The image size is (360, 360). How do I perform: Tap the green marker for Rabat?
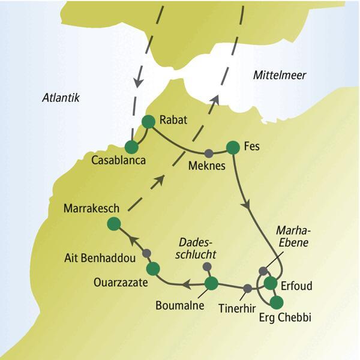tap(148, 121)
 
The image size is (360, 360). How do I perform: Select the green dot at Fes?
tap(232, 147)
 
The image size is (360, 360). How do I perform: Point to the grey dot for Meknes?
tap(209, 152)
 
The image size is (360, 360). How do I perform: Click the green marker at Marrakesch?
tap(113, 224)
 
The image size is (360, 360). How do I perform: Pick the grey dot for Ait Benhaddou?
tap(146, 252)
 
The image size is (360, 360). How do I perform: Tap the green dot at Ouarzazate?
tap(153, 268)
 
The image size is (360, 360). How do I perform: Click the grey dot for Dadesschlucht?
tap(207, 266)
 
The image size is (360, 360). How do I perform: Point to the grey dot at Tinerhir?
tap(247, 289)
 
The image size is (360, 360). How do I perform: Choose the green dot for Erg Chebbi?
tap(276, 302)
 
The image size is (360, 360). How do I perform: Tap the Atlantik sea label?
tap(61, 98)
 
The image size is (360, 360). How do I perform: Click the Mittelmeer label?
tap(280, 76)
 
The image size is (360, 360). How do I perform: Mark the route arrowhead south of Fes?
tap(246, 204)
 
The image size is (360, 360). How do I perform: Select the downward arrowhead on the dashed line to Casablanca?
tap(138, 79)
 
